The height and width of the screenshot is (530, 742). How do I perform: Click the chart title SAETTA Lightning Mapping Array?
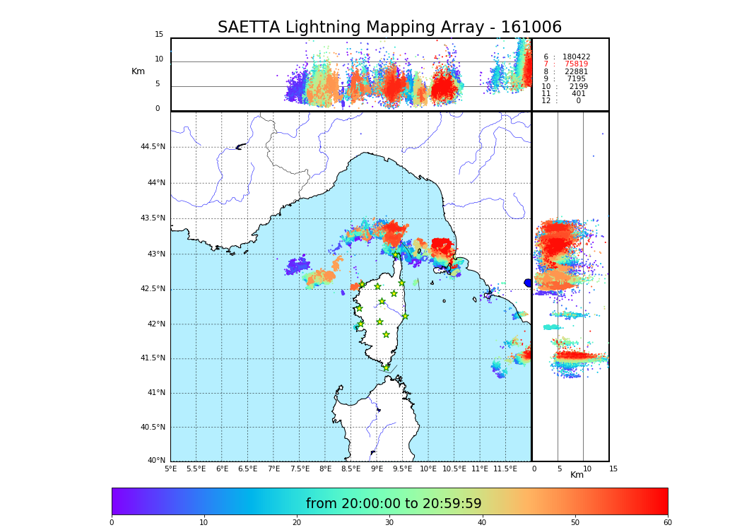389,28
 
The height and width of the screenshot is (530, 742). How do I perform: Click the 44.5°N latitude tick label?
153,147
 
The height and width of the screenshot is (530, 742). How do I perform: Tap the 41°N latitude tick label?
155,393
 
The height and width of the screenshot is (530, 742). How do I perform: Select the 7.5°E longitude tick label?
300,469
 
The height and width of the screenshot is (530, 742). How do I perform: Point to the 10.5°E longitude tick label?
453,469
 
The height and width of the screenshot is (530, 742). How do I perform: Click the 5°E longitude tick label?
170,469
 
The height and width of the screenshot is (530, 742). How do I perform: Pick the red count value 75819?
576,64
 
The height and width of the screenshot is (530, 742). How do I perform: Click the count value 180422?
576,57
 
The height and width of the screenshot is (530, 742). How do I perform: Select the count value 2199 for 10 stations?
578,87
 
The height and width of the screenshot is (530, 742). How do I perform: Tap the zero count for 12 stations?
578,101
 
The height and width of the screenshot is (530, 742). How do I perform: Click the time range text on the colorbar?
394,504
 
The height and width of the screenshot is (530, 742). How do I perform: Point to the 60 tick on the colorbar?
667,523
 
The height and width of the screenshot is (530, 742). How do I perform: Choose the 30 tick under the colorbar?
389,523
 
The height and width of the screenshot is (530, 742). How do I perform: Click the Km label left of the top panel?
138,71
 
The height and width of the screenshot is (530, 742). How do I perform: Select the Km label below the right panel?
577,475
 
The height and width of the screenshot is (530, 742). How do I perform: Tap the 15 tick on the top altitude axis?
159,35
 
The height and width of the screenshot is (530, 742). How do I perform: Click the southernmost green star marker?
386,367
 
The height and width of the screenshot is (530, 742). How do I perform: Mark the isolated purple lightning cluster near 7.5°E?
298,266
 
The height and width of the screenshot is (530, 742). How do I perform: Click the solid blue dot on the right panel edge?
528,283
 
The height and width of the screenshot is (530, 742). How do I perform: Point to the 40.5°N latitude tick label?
153,427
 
